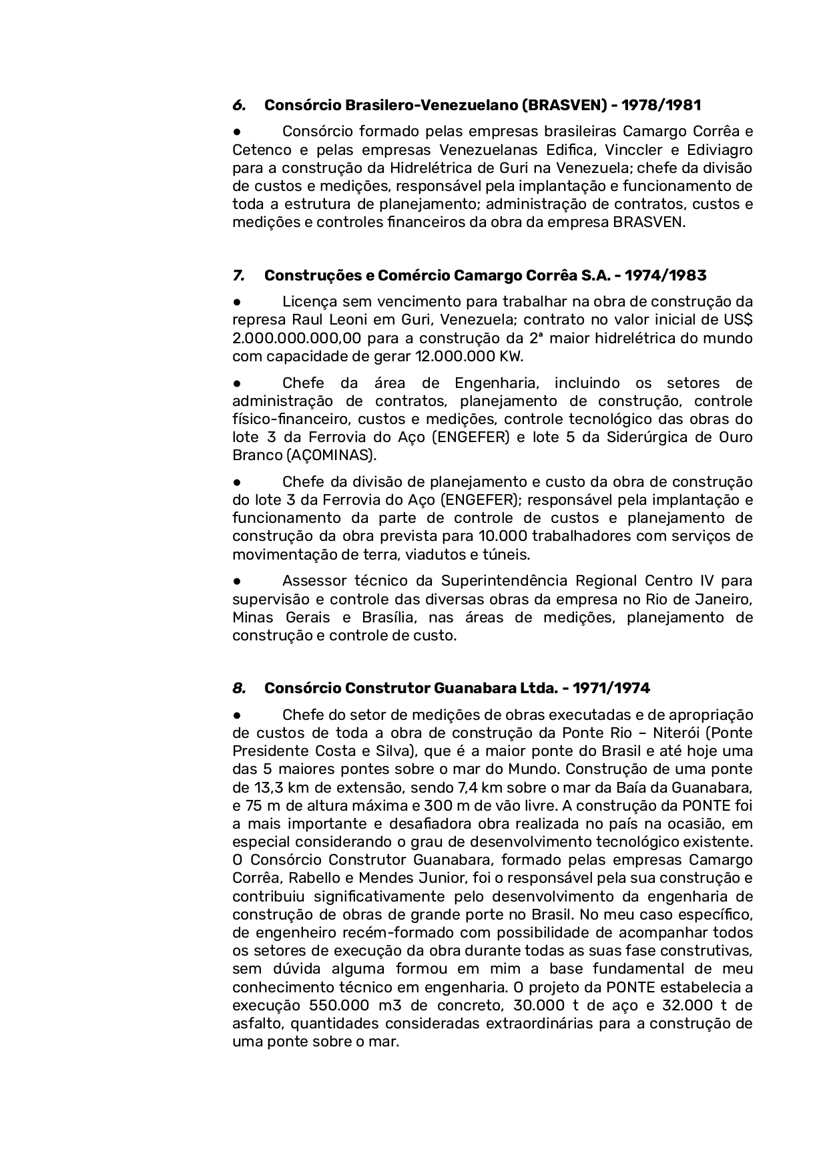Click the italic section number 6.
(x=238, y=106)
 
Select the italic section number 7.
(x=238, y=276)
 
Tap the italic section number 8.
(x=238, y=689)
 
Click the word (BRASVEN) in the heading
(x=563, y=106)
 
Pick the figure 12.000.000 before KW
(x=454, y=357)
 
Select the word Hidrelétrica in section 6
(x=430, y=168)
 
